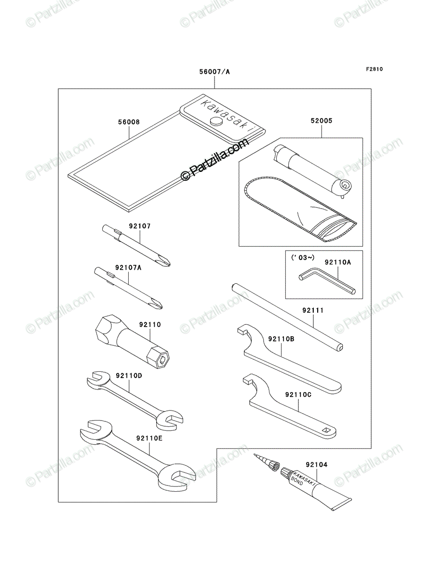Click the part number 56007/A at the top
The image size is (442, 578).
[x=214, y=72]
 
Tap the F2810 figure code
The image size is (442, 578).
[x=375, y=69]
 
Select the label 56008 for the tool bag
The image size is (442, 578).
[x=129, y=122]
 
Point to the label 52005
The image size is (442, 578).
[x=321, y=121]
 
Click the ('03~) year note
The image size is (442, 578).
[x=303, y=258]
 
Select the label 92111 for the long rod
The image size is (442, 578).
[x=313, y=311]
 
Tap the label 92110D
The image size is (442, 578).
[x=129, y=376]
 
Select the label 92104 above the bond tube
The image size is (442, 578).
[x=317, y=465]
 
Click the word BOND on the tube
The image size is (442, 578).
[x=297, y=481]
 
